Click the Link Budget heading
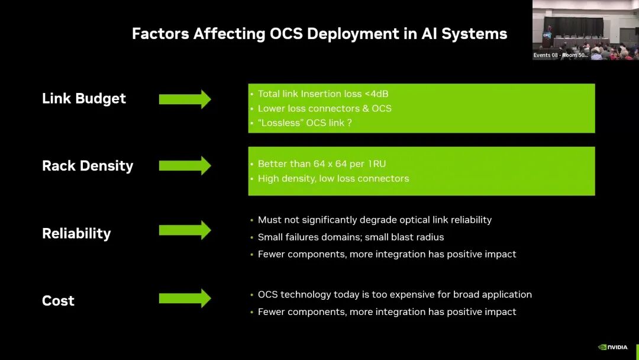click(x=84, y=98)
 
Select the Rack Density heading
click(x=88, y=166)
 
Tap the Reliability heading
click(x=76, y=233)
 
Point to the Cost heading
click(x=58, y=301)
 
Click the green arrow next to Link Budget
click(x=185, y=99)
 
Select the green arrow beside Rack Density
click(x=185, y=166)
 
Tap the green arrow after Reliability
click(x=185, y=230)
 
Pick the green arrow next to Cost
click(x=185, y=298)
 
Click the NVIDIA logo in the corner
click(x=613, y=347)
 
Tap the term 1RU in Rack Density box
click(x=375, y=163)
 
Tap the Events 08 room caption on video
click(x=560, y=55)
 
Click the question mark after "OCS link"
click(x=350, y=123)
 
